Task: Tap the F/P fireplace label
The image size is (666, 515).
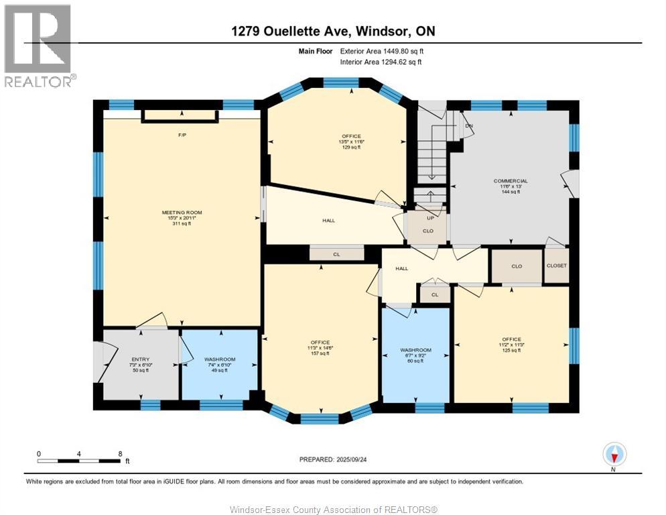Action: pyautogui.click(x=182, y=135)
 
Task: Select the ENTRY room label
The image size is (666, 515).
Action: pyautogui.click(x=141, y=359)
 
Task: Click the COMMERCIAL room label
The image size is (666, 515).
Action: pyautogui.click(x=511, y=181)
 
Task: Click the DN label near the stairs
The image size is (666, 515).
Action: pyautogui.click(x=468, y=125)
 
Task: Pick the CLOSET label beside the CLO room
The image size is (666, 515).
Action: pyautogui.click(x=556, y=266)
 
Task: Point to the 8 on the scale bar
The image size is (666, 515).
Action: pyautogui.click(x=120, y=454)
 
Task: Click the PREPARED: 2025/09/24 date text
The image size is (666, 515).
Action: pyautogui.click(x=333, y=459)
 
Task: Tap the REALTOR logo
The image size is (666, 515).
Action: pyautogui.click(x=38, y=45)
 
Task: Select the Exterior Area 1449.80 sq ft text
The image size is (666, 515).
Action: pyautogui.click(x=382, y=51)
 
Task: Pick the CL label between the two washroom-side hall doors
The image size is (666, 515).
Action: pyautogui.click(x=435, y=294)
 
